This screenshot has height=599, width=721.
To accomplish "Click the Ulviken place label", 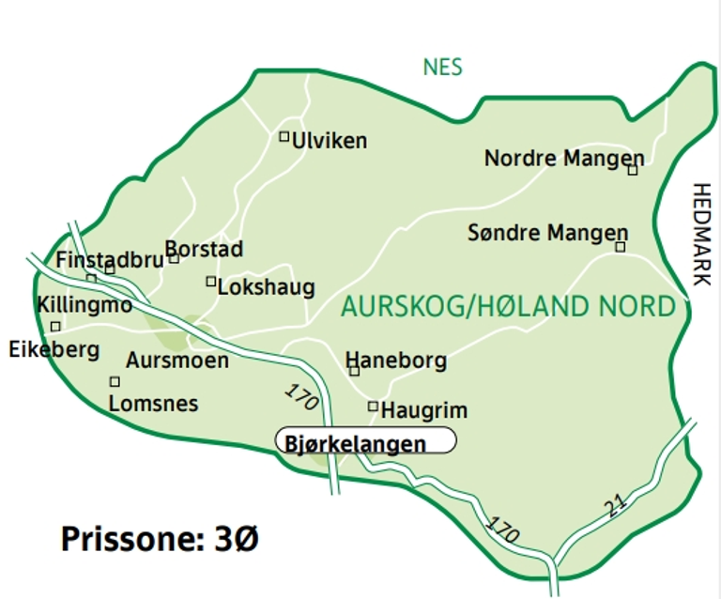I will coord(329,141).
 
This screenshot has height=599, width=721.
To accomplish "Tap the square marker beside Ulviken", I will coord(284,136).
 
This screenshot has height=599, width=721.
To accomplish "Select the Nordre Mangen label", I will coord(563,158).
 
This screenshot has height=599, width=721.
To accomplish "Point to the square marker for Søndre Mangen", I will coord(620,247).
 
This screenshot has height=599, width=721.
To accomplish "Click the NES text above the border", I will coord(443,68).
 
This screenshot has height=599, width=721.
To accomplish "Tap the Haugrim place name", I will coord(423,410).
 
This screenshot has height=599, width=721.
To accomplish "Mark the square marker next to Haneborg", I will coord(354,371).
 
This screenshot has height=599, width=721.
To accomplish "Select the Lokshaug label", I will coord(266,287).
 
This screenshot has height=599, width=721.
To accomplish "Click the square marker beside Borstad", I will coord(174,258).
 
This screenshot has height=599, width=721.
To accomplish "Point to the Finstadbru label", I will coord(110,259).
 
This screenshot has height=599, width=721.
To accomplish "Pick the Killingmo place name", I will coord(84,304).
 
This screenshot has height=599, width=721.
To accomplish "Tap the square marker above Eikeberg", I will coord(55,326).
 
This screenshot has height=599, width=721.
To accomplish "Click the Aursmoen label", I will coord(177,360).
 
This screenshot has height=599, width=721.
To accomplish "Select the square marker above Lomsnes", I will coord(115,381).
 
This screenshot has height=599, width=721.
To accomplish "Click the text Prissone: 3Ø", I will coord(160,539).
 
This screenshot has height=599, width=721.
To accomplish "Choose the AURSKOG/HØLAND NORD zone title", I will coord(508,306).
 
